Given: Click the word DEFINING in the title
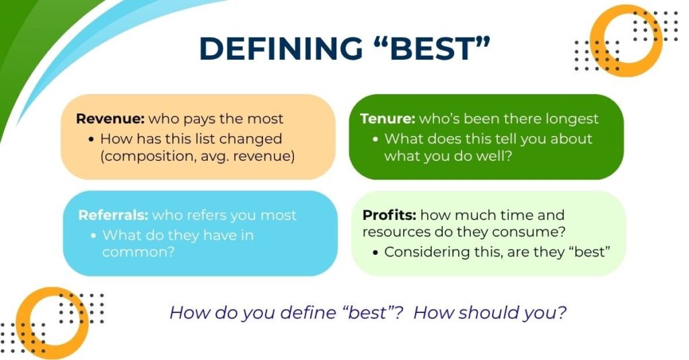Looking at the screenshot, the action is coord(281,48).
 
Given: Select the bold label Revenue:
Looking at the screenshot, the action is coord(110,118).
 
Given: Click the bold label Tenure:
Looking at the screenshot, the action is coord(388,118).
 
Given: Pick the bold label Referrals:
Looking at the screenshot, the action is coord(113,215).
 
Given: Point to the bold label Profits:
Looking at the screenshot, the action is coord(390,215).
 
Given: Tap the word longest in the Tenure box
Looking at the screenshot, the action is coord(572,119).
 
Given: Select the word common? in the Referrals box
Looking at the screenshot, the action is coord(139,252).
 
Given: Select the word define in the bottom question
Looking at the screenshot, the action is coord(308,312).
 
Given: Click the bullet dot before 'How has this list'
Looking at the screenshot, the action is coord(92,139).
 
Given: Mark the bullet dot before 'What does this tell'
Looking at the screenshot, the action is coord(375,139).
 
